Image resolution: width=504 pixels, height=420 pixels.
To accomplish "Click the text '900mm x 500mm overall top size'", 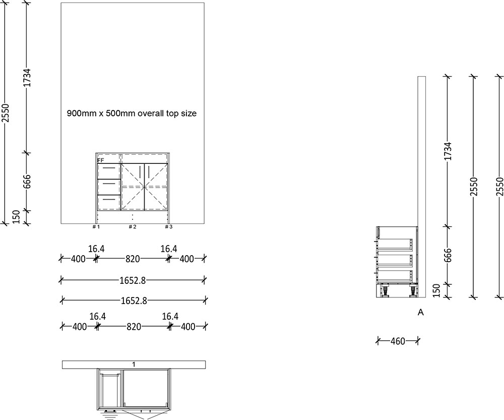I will (132, 113).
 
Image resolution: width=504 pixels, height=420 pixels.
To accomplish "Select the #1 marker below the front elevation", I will (96, 227).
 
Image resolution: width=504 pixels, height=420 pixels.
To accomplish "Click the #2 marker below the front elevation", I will (132, 227).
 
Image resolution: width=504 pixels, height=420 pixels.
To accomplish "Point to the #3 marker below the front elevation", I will (169, 227).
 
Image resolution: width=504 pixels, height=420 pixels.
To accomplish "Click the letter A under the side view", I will (421, 313).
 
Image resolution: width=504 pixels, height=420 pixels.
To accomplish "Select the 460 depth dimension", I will (398, 341).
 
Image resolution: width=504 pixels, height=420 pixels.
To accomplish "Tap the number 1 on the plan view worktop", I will (134, 364).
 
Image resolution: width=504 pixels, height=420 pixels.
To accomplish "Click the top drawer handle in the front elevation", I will (108, 170).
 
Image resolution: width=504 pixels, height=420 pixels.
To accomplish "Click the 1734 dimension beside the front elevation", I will (27, 78).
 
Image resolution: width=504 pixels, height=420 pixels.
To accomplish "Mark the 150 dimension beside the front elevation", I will (16, 217).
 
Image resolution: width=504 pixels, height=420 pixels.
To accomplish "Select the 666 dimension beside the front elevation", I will (27, 182).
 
